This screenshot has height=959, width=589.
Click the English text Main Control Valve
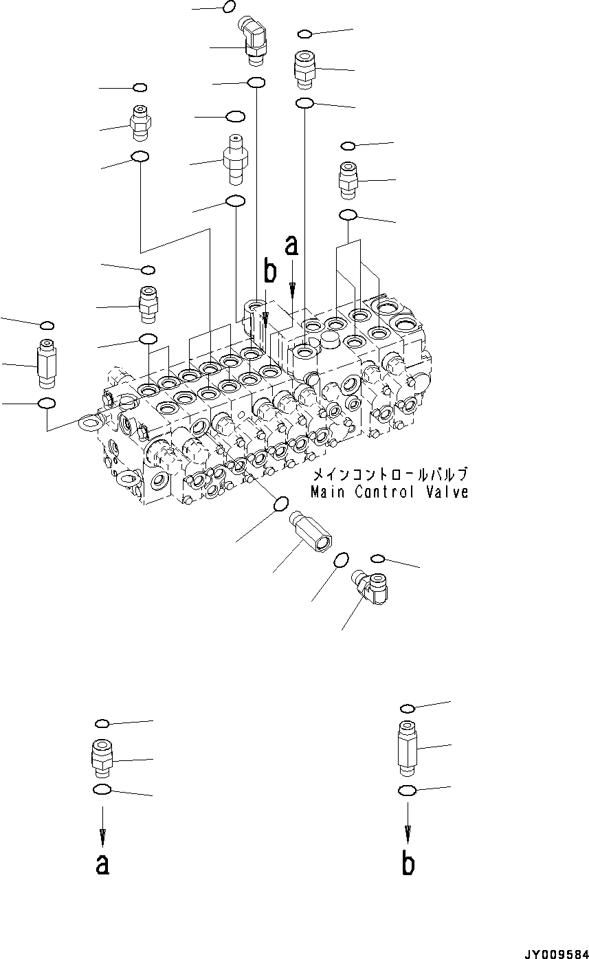tap(389, 492)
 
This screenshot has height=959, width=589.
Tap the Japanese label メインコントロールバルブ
tap(390, 475)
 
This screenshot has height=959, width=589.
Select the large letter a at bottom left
tap(102, 864)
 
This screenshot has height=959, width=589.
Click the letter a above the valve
tap(292, 244)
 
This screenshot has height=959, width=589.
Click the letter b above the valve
tap(270, 272)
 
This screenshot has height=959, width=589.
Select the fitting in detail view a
tap(101, 758)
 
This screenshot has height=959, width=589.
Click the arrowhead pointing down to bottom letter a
tap(102, 837)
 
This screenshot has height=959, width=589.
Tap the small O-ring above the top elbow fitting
tap(230, 7)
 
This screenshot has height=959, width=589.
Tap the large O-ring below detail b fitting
tap(406, 791)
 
